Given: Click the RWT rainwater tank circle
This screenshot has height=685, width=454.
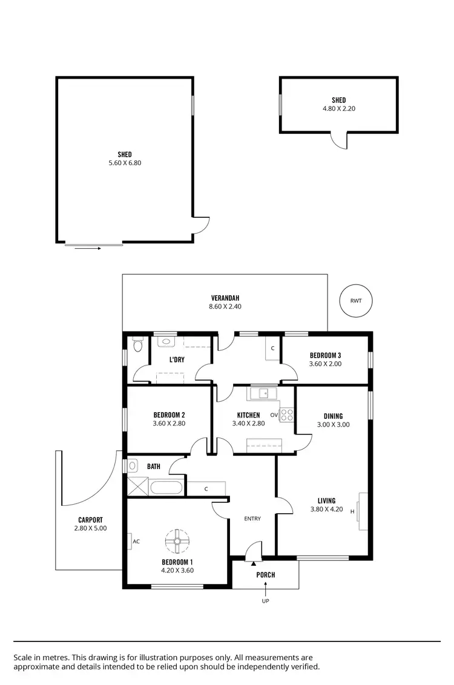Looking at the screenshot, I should (x=355, y=300).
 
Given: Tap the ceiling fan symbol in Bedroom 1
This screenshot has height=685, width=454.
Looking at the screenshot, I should (x=178, y=541).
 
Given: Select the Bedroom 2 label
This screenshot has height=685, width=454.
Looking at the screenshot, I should (x=169, y=415).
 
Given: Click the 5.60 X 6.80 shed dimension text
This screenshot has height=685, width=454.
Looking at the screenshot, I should (x=125, y=163).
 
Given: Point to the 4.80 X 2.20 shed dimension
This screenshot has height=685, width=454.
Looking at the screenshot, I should (x=338, y=110).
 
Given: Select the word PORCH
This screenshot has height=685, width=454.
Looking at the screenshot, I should (x=265, y=574).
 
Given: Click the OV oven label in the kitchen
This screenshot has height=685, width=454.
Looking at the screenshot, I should (x=274, y=415).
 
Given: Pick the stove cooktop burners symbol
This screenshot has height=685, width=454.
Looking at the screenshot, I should (x=287, y=415).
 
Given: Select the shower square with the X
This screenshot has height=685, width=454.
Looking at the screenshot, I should (x=137, y=487).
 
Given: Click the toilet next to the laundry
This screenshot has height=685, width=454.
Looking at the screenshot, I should (x=137, y=345).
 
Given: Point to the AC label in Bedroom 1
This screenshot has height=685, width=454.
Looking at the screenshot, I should (x=136, y=542).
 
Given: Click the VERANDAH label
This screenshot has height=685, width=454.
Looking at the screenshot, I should (x=225, y=298).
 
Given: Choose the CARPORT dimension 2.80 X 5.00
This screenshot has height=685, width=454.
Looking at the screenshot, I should (x=90, y=529).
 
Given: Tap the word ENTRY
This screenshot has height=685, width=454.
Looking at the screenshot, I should (x=252, y=519).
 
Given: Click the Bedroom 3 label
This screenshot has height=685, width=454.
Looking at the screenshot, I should (x=326, y=355).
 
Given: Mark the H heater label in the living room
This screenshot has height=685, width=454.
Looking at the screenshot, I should (x=352, y=511).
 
